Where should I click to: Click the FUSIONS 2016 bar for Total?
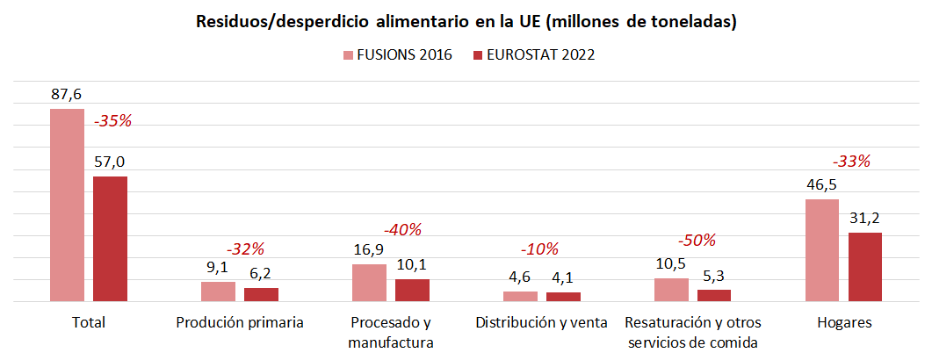pyautogui.click(x=67, y=205)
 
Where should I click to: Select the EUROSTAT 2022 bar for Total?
pyautogui.click(x=110, y=239)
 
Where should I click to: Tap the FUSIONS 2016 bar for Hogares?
pyautogui.click(x=822, y=250)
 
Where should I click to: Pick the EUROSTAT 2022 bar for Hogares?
pyautogui.click(x=864, y=267)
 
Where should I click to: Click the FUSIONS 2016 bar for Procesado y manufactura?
pyautogui.click(x=369, y=283)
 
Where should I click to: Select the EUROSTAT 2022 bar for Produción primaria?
pyautogui.click(x=261, y=294)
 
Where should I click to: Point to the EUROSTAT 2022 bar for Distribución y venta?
pyautogui.click(x=563, y=297)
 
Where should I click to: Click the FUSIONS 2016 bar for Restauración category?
pyautogui.click(x=671, y=290)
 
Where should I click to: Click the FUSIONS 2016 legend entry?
pyautogui.click(x=397, y=55)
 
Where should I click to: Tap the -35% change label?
pyautogui.click(x=112, y=120)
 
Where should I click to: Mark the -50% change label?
pyautogui.click(x=697, y=240)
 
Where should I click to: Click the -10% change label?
pyautogui.click(x=540, y=248)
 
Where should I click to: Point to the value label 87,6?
pyautogui.click(x=67, y=94)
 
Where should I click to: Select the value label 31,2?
pyautogui.click(x=864, y=218)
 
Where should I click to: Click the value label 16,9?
pyautogui.click(x=369, y=249)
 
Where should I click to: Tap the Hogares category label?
pyautogui.click(x=844, y=322)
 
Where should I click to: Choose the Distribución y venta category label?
pyautogui.click(x=541, y=322)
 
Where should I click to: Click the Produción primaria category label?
pyautogui.click(x=240, y=322)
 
